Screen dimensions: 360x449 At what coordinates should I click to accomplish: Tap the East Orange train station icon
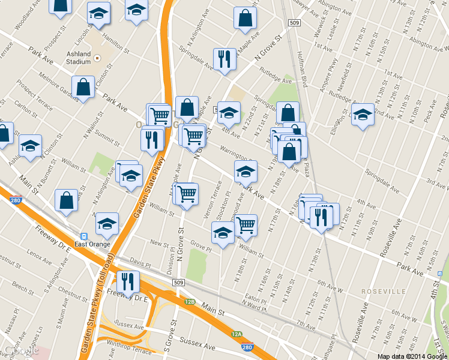84,236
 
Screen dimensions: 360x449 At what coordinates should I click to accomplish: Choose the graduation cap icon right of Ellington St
363,113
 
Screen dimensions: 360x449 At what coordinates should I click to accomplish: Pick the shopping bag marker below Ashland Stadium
83,87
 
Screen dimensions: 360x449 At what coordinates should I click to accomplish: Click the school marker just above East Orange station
107,223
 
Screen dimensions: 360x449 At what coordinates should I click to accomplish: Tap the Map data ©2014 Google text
411,356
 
